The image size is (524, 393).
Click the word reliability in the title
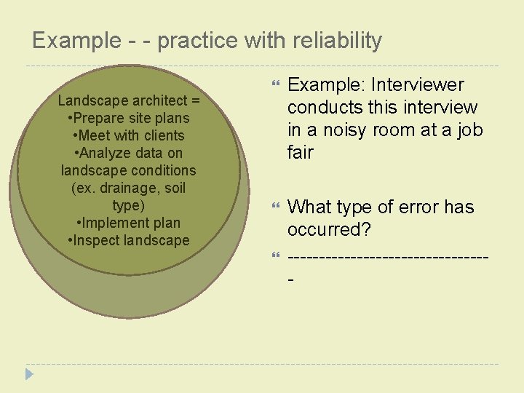[334, 41]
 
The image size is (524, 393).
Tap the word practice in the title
[199, 41]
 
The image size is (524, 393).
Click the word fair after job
[301, 153]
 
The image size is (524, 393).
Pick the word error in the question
[412, 207]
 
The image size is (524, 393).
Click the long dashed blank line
[387, 257]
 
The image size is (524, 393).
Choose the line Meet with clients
[129, 135]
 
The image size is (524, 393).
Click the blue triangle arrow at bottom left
[29, 374]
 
